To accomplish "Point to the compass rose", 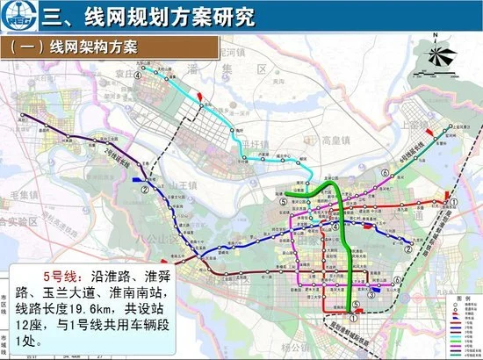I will pyautogui.click(x=438, y=58).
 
